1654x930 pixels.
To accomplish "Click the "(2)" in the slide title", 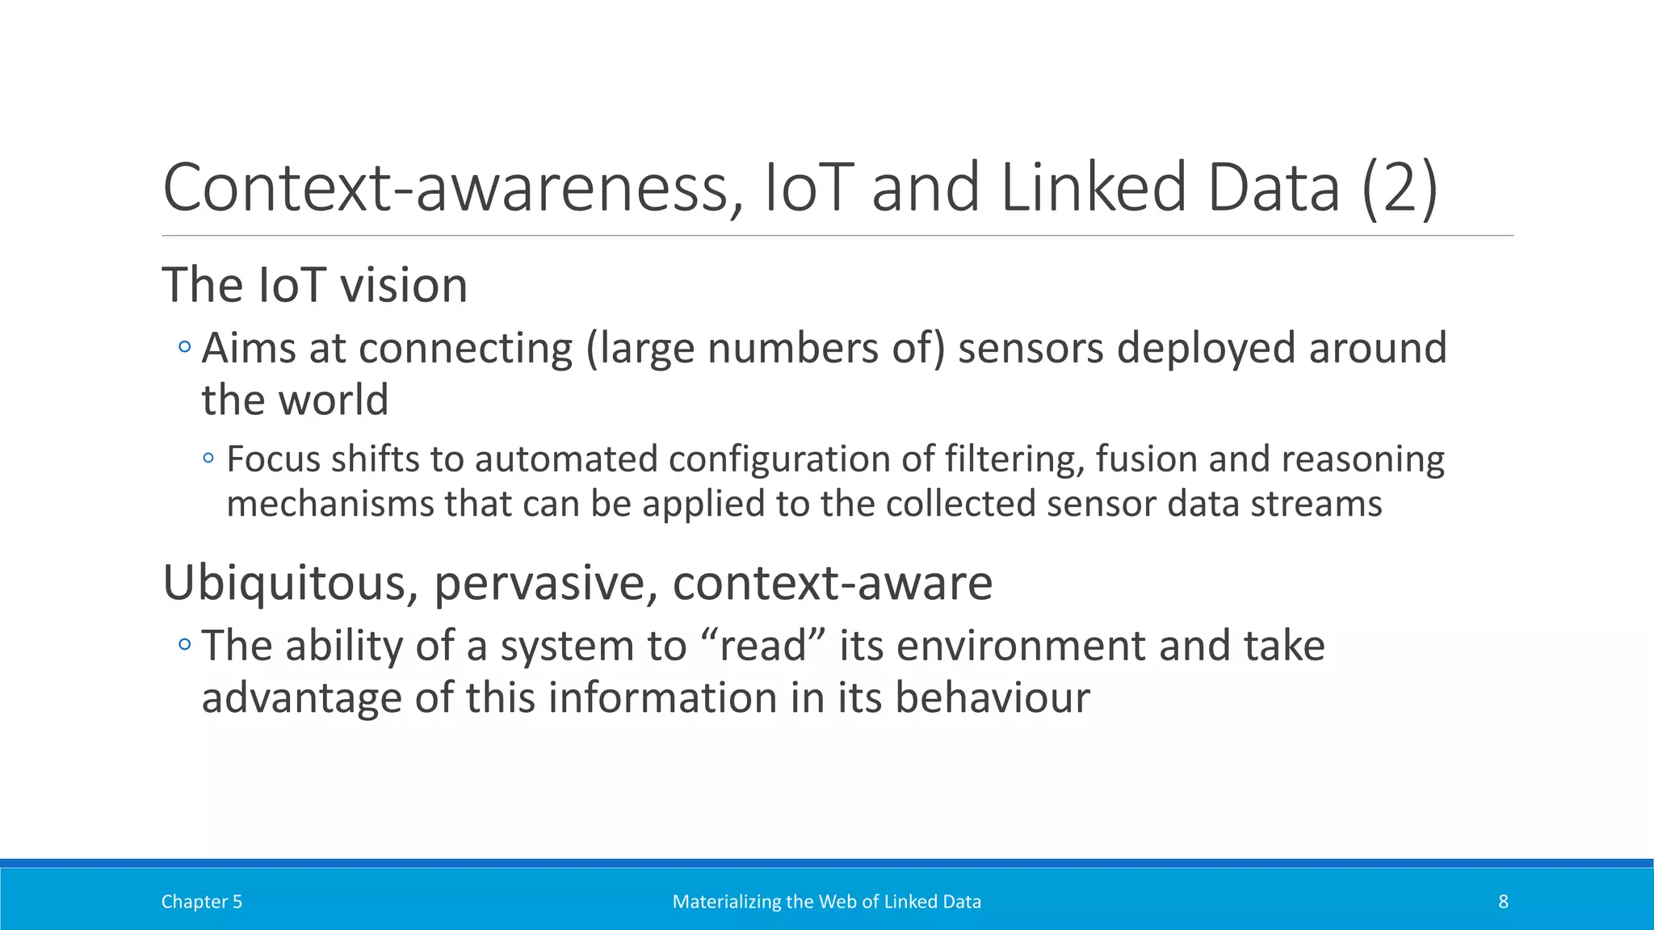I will click(1399, 188).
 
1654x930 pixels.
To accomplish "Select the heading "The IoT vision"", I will click(315, 286).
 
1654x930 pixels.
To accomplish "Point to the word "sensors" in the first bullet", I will click(1031, 349).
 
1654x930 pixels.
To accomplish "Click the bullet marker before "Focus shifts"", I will click(209, 459).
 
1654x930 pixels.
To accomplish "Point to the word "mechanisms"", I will click(330, 505).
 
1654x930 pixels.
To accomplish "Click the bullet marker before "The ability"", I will click(185, 645).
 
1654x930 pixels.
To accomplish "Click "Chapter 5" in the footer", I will click(202, 902).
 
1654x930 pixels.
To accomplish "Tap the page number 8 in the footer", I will click(1503, 902).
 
